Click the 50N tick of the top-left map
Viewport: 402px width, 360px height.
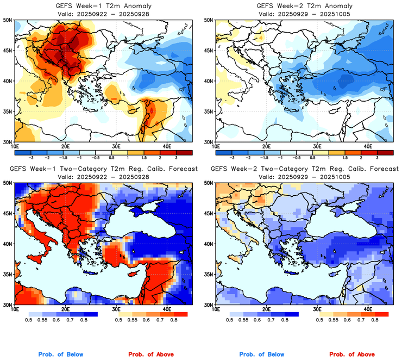pyautogui.click(x=9, y=20)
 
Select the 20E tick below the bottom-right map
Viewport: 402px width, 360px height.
pyautogui.click(x=266, y=309)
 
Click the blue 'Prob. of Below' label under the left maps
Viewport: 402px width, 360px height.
pyautogui.click(x=61, y=355)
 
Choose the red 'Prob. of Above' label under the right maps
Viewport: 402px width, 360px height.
pyautogui.click(x=353, y=355)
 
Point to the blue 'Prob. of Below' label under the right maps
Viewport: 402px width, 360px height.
pyautogui.click(x=261, y=355)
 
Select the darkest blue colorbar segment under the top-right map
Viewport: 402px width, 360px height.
pyautogui.click(x=224, y=151)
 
